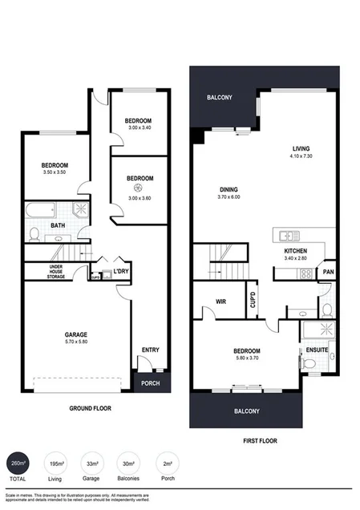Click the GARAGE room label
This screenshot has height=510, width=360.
[76, 334]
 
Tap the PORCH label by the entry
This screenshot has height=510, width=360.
[150, 383]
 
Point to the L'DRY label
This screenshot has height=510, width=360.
[122, 271]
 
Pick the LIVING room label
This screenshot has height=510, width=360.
[301, 148]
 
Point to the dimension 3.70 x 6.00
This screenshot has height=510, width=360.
[229, 196]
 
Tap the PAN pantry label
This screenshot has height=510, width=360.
[328, 272]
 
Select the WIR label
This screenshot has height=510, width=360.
[220, 302]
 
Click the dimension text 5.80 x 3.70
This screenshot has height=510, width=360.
[247, 358]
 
